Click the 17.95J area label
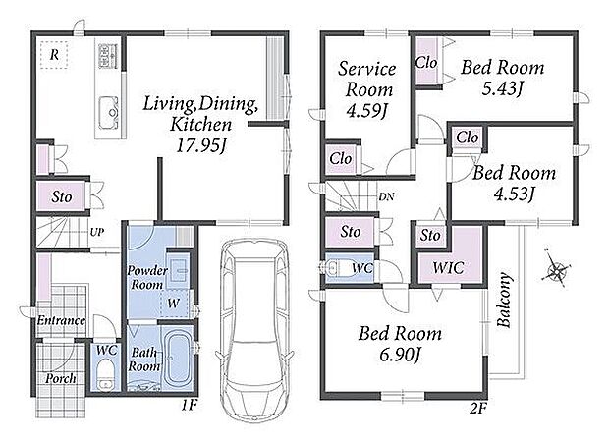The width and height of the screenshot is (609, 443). pyautogui.click(x=201, y=145)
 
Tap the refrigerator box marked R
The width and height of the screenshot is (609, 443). pyautogui.click(x=54, y=55)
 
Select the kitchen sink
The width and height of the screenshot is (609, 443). pyautogui.click(x=108, y=113)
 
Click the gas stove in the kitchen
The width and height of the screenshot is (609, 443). pyautogui.click(x=108, y=56)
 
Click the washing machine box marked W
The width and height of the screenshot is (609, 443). pyautogui.click(x=174, y=304)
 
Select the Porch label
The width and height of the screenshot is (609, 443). pyautogui.click(x=61, y=378)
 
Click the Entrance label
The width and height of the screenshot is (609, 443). pyautogui.click(x=61, y=320)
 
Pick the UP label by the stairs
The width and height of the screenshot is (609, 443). pyautogui.click(x=97, y=232)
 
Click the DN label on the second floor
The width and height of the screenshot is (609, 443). pyautogui.click(x=386, y=196)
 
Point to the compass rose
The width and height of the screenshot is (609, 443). pyautogui.click(x=557, y=269)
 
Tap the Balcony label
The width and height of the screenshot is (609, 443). pyautogui.click(x=504, y=300)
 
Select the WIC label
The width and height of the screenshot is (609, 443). pyautogui.click(x=448, y=267)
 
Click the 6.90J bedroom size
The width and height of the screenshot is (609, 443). pyautogui.click(x=400, y=355)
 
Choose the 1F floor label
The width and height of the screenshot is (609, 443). pyautogui.click(x=190, y=406)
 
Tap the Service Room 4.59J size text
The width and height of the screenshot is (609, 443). pyautogui.click(x=367, y=111)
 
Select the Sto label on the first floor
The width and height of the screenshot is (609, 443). pyautogui.click(x=62, y=196)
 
